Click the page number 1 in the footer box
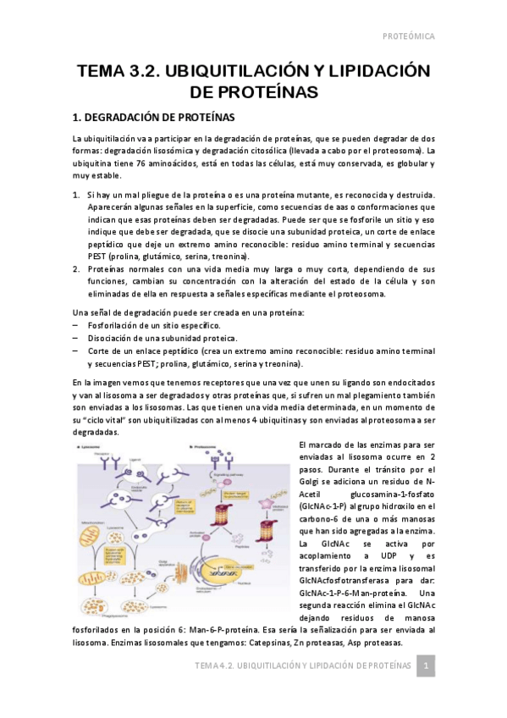(x=427, y=666)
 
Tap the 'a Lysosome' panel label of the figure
(x=94, y=445)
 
